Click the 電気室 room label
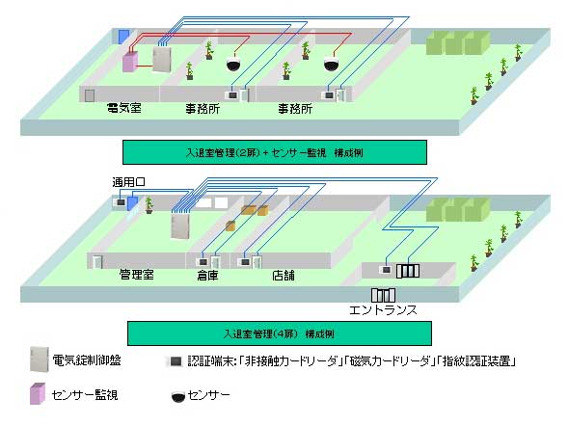(124, 108)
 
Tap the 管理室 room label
(137, 275)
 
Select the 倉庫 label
(208, 276)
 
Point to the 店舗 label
(284, 276)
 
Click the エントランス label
(383, 310)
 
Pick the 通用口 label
(128, 182)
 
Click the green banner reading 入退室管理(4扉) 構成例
(280, 333)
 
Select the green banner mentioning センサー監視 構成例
(275, 152)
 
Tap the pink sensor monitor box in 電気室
(129, 62)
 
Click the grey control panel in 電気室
(162, 59)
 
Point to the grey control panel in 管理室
(180, 226)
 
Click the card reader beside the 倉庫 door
(203, 262)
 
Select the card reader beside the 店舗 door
(245, 262)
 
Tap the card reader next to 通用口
(121, 202)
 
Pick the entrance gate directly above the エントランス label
(383, 295)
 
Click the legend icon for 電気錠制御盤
(40, 359)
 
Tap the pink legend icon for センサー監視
(38, 394)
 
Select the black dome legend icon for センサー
(177, 397)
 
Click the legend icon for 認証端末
(176, 361)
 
